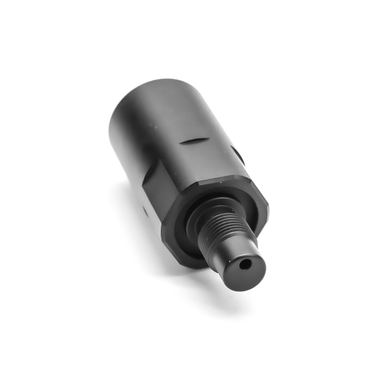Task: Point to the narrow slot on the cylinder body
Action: click(187, 141)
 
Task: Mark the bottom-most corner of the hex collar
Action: click(186, 262)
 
